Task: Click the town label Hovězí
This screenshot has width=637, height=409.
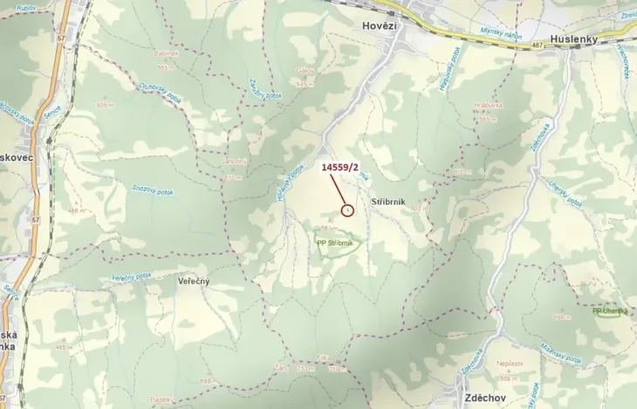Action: click(x=380, y=26)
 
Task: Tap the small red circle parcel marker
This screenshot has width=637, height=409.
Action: click(x=347, y=210)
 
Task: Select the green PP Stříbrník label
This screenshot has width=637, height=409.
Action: click(x=334, y=243)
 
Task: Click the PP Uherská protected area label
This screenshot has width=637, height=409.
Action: click(x=609, y=311)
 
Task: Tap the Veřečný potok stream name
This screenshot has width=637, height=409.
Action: click(x=133, y=277)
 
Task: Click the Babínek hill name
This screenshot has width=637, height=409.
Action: click(x=167, y=53)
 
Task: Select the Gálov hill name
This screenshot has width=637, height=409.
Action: click(x=305, y=72)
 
